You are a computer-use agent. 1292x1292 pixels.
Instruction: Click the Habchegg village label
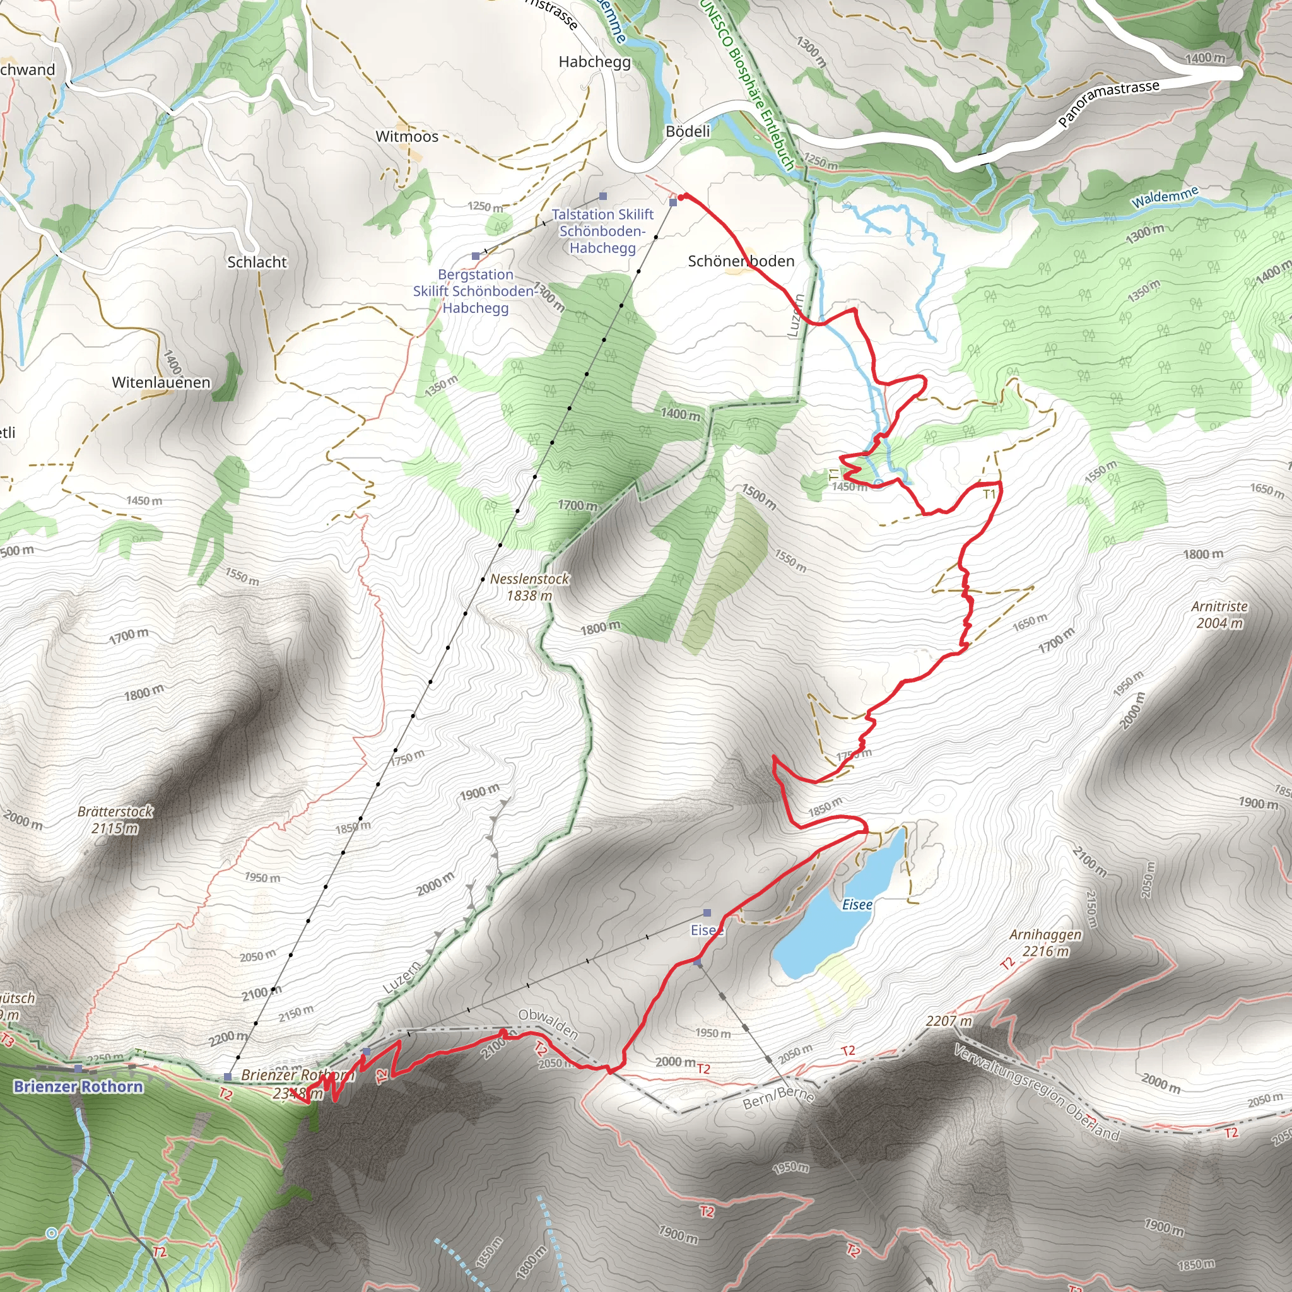click(594, 62)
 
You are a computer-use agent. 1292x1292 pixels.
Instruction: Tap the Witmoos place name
click(407, 136)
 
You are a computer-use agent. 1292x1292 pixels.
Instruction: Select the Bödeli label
click(688, 131)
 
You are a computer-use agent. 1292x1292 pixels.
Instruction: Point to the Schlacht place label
click(257, 262)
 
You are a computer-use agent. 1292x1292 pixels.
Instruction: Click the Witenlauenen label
click(161, 382)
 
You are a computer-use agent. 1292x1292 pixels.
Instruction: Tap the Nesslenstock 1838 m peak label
click(530, 587)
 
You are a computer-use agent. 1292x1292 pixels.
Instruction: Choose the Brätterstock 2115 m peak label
click(115, 820)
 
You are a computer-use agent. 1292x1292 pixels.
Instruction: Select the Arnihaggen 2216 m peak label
click(1045, 943)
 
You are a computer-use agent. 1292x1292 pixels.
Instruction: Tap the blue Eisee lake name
click(857, 905)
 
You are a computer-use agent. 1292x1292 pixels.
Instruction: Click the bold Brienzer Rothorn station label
click(78, 1087)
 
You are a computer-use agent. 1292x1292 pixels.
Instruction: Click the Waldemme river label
click(1165, 197)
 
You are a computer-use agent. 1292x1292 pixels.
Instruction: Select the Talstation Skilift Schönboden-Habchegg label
click(602, 231)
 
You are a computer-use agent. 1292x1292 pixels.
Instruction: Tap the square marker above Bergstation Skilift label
click(476, 256)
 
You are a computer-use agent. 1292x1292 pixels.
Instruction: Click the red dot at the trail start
click(683, 197)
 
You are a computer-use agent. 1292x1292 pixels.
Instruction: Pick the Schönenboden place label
click(741, 261)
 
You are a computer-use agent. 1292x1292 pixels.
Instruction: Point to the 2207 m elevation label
click(948, 1021)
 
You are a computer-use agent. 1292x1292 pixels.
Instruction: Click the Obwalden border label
click(548, 1024)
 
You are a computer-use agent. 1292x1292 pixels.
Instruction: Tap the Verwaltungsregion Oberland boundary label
click(1036, 1092)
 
